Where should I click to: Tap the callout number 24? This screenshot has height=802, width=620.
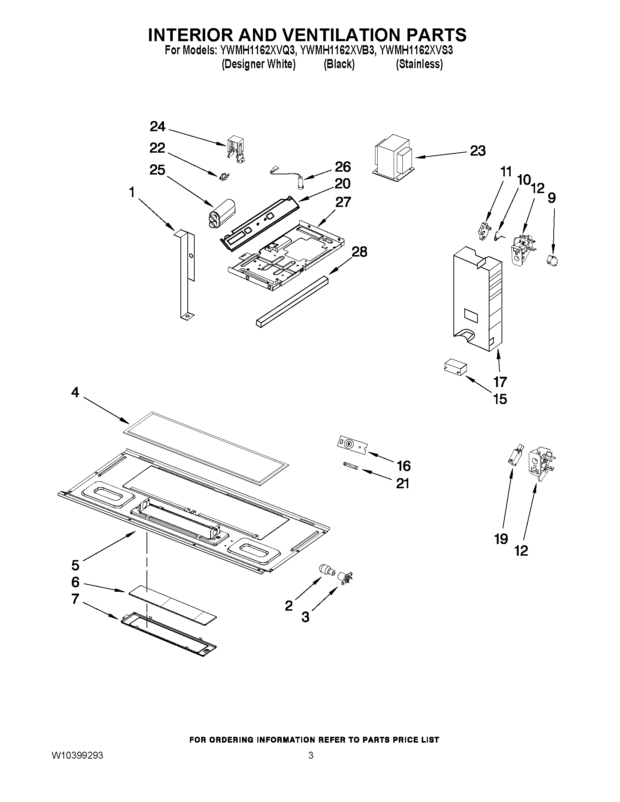157,127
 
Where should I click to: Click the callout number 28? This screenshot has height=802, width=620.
359,252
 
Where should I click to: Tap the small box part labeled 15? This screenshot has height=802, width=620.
455,367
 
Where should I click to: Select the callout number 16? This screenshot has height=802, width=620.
403,466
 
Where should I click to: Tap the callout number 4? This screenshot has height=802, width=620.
75,392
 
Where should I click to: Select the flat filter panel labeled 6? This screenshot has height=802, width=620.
172,605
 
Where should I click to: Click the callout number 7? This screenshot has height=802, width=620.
75,599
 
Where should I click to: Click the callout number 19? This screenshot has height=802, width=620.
501,539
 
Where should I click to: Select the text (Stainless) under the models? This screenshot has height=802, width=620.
419,64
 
